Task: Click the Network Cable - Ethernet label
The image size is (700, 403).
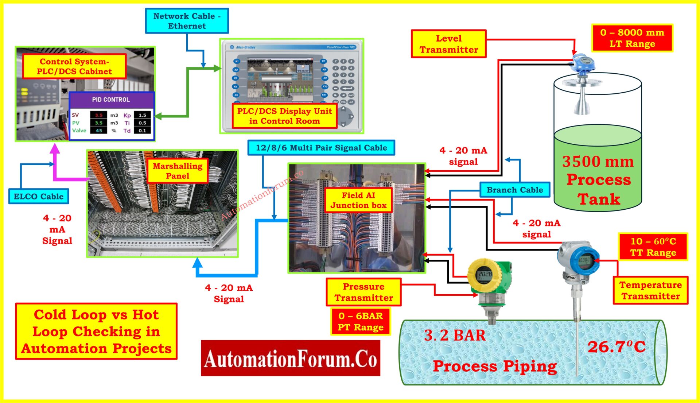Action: click(187, 21)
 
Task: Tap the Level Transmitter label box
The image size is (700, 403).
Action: click(448, 44)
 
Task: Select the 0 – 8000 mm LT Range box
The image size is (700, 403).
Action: click(632, 38)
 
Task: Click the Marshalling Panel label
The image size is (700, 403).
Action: click(178, 171)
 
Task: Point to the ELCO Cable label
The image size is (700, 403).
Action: click(39, 197)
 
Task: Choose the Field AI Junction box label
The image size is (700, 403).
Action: click(358, 200)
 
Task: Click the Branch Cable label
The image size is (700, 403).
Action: click(514, 190)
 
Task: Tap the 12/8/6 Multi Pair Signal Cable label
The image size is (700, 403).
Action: click(321, 148)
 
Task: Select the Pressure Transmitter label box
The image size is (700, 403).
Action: click(363, 292)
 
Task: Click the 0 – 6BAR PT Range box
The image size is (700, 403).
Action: click(361, 321)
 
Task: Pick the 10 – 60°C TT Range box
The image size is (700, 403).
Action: click(653, 247)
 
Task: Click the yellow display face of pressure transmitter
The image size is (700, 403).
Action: click(485, 274)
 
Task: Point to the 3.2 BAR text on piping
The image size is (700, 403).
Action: click(455, 335)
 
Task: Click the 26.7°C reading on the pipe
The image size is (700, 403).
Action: click(616, 346)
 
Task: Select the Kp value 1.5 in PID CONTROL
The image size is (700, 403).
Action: click(142, 115)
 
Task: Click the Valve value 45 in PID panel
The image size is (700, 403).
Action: click(99, 131)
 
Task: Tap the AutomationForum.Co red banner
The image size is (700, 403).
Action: click(290, 358)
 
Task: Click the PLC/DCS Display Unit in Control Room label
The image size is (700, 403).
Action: click(284, 116)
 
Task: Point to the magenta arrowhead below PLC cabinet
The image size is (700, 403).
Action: click(55, 148)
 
